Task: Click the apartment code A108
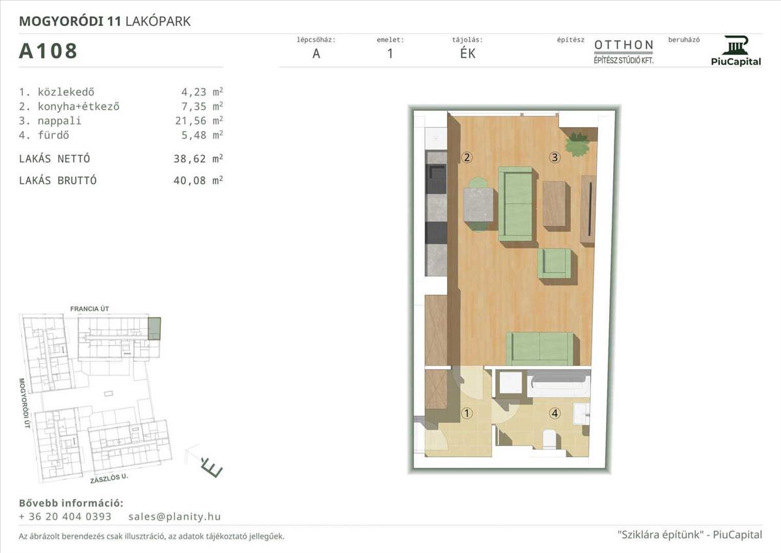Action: (x=48, y=51)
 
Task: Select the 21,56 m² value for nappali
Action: (x=199, y=121)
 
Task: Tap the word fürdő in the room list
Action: (x=53, y=135)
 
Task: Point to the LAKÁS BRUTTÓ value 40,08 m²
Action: (x=198, y=180)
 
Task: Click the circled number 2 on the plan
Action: (x=467, y=158)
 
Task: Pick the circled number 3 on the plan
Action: (x=555, y=158)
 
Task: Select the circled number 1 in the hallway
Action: (x=467, y=414)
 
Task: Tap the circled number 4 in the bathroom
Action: (x=555, y=414)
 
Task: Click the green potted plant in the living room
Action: (x=578, y=144)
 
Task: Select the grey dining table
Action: (x=479, y=205)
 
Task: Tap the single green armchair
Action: (x=555, y=263)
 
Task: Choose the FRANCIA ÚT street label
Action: (x=90, y=309)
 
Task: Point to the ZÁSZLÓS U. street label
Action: (x=109, y=478)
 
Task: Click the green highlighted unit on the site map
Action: (x=154, y=328)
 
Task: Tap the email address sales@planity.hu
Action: (x=174, y=517)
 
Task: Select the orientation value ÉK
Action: (x=467, y=53)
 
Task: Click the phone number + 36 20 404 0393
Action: (x=65, y=517)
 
